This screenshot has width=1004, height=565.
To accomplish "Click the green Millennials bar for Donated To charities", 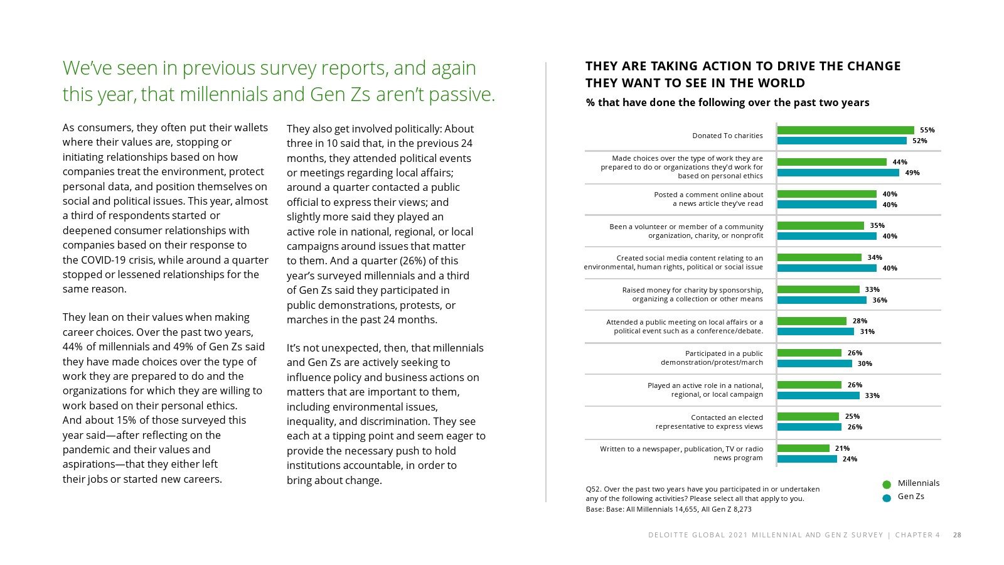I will (x=845, y=130).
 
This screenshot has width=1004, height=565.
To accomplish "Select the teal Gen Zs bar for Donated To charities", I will (x=841, y=141).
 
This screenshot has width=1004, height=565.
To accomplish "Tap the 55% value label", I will (x=927, y=130).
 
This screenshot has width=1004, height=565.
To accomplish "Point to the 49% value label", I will (x=912, y=173).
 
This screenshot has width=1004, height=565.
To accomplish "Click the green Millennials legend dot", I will (x=887, y=485).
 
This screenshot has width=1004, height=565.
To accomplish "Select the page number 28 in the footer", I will (x=957, y=535).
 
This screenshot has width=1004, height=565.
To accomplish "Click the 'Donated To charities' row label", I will (x=727, y=136).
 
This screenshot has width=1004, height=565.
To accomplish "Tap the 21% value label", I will (x=842, y=448).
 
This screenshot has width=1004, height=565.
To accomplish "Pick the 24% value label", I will (x=850, y=459).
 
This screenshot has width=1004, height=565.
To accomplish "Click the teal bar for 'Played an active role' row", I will (x=818, y=395).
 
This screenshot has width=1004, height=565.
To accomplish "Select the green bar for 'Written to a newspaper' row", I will (x=803, y=448).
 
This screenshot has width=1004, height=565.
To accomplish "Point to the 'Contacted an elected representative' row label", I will (x=709, y=422).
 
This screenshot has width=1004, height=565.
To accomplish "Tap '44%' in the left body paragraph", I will (x=73, y=347).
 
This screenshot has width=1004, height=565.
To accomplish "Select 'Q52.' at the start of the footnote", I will (x=594, y=489).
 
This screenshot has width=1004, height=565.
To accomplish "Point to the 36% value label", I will (x=880, y=300).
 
